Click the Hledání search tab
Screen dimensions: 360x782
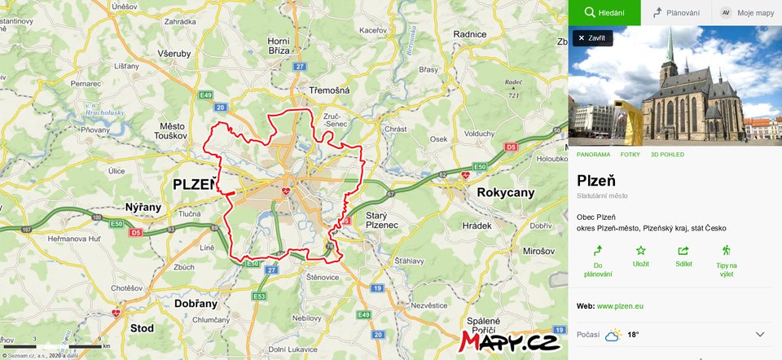pos(604,13)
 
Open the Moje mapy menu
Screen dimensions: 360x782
pos(747,13)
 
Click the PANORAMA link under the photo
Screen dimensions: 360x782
pos(593,154)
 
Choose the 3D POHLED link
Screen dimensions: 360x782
pos(667,154)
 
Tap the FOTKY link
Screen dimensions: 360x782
pos(630,154)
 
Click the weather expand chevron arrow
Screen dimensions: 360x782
pos(760,334)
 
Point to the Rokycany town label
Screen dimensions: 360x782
pos(505,193)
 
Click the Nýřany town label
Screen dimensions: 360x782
pos(143,208)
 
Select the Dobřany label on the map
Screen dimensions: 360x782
pos(196,303)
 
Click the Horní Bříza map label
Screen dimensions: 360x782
pos(279,46)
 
